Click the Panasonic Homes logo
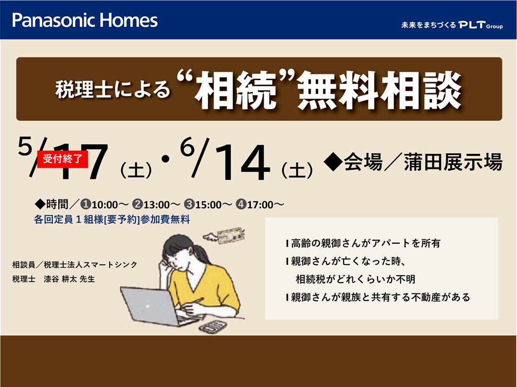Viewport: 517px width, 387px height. click(x=85, y=20)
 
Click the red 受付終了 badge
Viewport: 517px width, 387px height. click(x=62, y=159)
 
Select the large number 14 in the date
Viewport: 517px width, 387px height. click(x=242, y=163)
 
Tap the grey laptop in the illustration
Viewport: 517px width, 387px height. click(x=155, y=306)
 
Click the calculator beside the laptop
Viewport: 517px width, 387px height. click(x=213, y=327)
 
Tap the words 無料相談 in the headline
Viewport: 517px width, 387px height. click(x=380, y=90)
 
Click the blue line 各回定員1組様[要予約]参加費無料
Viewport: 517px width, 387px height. click(x=112, y=219)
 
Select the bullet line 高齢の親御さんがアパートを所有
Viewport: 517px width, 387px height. click(x=363, y=243)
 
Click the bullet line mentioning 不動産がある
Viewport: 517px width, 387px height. click(x=378, y=297)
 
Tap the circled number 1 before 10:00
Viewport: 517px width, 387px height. click(x=86, y=205)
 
